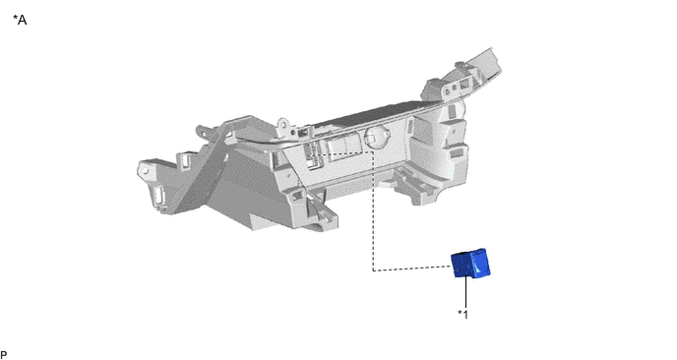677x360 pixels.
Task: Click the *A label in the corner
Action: coord(20,20)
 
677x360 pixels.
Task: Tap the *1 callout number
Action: coord(462,314)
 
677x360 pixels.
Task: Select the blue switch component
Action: coord(470,263)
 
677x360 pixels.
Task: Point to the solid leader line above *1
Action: coord(465,292)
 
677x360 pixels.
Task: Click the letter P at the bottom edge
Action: coord(4,355)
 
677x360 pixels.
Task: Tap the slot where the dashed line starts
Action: coord(311,154)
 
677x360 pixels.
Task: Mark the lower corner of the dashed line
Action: coord(374,270)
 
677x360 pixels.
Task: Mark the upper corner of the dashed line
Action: coord(373,151)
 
